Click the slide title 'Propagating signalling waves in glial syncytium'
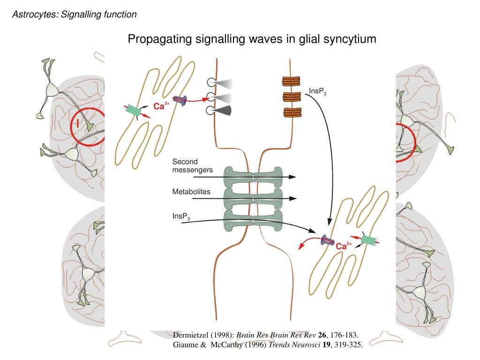coord(252,39)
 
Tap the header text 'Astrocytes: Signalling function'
coord(75,15)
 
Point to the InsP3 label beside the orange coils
coord(317,91)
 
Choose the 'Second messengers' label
coord(192,165)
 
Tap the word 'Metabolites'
coord(191,192)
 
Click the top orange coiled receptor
coord(291,81)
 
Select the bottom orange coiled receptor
coord(291,112)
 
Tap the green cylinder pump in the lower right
coord(369,240)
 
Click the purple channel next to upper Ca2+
coord(180,100)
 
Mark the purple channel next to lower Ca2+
coord(327,242)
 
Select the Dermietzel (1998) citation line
coord(266,335)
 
